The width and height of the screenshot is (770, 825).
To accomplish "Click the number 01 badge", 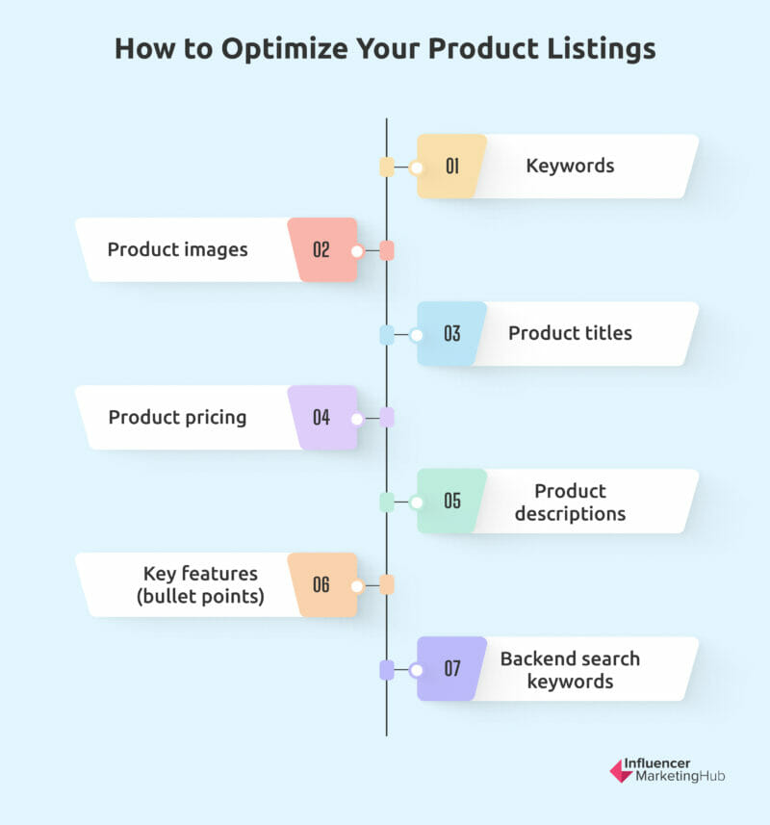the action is coord(452,167).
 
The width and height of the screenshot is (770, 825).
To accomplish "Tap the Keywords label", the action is coord(570,167).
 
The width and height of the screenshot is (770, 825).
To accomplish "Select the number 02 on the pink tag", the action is coord(321,250).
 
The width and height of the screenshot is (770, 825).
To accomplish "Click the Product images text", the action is coord(177,250).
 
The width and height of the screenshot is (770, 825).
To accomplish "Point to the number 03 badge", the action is coord(452,334).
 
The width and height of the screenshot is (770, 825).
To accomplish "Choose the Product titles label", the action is coord(570,333).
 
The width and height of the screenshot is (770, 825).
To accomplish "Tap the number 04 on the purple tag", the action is coord(321,418).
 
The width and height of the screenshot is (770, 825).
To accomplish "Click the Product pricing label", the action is coord(177,418).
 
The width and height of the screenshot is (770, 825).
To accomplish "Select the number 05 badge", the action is coord(452,501).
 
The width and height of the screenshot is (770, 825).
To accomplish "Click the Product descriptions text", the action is coord(570,502).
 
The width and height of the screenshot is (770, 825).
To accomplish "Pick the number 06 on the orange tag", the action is coord(321,584).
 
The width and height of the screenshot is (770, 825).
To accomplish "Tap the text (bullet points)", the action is coord(200,597).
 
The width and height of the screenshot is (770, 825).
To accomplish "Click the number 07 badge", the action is coord(452,669).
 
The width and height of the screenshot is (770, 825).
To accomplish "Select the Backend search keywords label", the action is coord(570,670).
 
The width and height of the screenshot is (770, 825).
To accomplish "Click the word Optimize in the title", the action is coord(285,50).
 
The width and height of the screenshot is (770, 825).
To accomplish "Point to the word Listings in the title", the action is coord(602,50).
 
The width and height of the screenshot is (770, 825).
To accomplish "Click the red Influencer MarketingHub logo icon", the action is coord(621,771).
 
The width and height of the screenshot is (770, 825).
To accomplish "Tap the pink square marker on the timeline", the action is coord(387,251).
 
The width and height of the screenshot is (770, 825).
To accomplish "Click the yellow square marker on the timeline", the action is coord(387,168).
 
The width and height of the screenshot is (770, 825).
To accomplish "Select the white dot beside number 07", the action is coord(417,670).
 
